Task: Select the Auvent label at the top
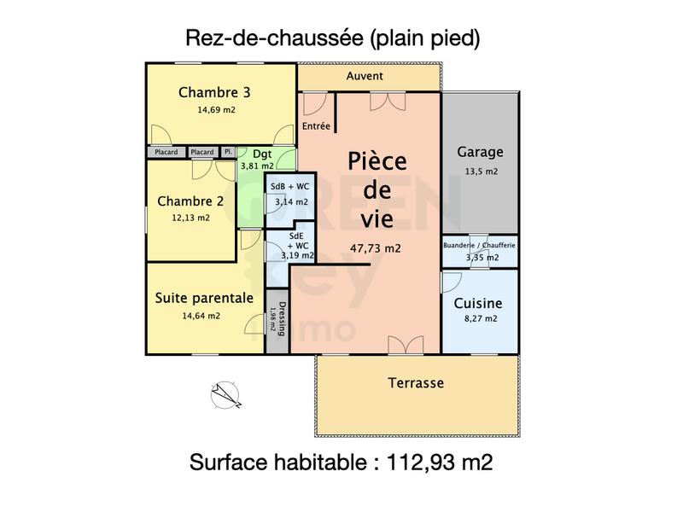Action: (365, 76)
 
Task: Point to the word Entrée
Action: (316, 126)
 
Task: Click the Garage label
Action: (480, 152)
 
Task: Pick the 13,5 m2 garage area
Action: (480, 171)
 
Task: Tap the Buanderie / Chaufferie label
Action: (479, 245)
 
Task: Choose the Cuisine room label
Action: (478, 303)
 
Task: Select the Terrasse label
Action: (416, 383)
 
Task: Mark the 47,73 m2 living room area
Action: (376, 248)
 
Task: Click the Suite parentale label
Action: (204, 298)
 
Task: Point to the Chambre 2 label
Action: (190, 201)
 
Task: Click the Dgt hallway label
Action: (262, 154)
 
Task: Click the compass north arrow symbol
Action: (225, 393)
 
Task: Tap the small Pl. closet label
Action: (228, 152)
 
